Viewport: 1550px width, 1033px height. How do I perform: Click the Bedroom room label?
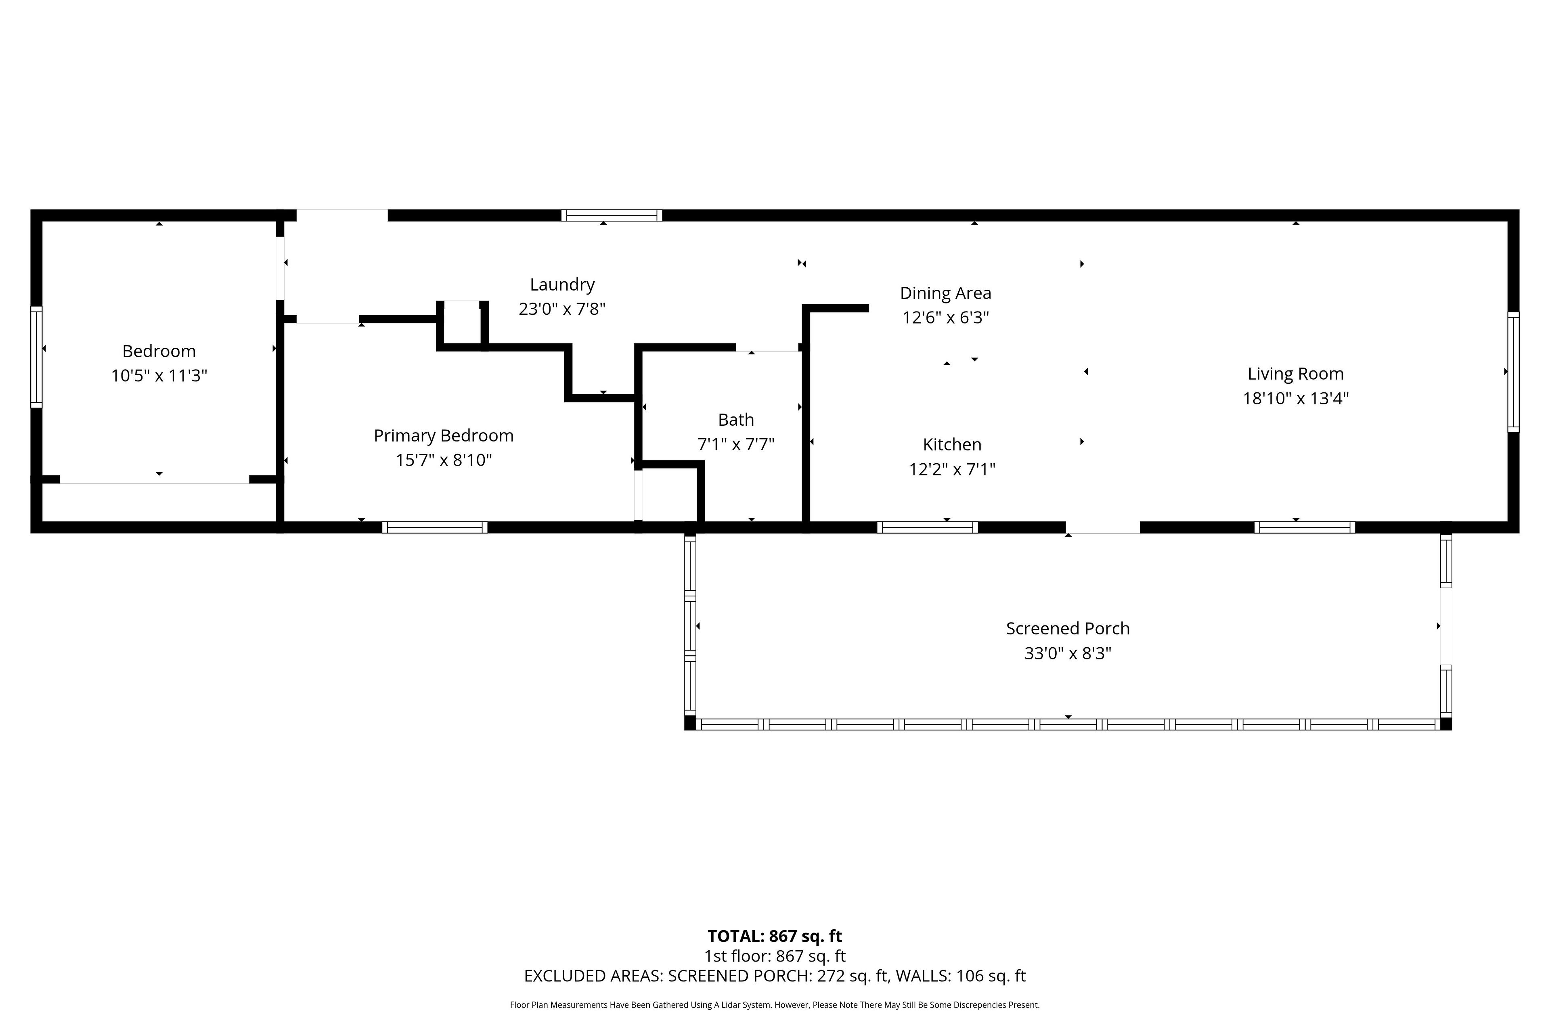(x=159, y=351)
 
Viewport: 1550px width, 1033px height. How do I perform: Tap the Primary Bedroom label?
(x=444, y=435)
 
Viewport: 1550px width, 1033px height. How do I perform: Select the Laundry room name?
(x=562, y=284)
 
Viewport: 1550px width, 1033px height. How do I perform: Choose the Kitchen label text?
(x=952, y=445)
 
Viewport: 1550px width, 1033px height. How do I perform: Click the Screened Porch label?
(x=1068, y=629)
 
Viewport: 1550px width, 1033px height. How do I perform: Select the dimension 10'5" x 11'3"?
(x=159, y=376)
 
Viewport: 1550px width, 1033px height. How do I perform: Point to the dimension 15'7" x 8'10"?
(x=444, y=460)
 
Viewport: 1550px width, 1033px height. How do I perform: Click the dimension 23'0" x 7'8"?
(x=562, y=309)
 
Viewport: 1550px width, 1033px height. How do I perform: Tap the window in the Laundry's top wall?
(x=612, y=215)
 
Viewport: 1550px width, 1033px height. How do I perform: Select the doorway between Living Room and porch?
(x=1102, y=528)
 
